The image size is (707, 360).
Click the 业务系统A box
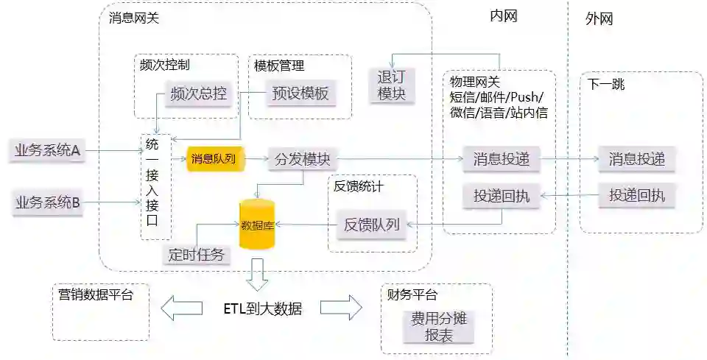pos(46,152)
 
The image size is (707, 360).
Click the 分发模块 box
pos(301,159)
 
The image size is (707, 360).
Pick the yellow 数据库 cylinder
pos(257,224)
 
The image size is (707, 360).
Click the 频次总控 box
pos(198,94)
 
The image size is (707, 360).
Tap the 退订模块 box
pos(391,85)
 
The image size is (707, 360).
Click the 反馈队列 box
pos(371,225)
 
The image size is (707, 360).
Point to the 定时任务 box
pos(196,255)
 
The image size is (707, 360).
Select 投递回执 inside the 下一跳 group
pos(636,195)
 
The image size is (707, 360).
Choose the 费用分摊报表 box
pos(439,327)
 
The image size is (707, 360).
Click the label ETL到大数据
pos(262,308)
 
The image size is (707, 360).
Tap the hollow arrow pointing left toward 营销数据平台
pos(181,308)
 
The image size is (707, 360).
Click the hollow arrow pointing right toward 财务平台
pos(341,308)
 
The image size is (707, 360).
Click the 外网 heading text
pos(599,19)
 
